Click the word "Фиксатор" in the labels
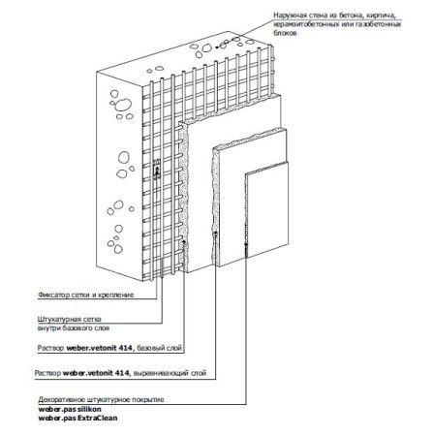[x=51, y=295]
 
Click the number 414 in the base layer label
[x=125, y=348]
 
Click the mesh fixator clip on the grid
[x=157, y=169]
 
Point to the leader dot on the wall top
[x=216, y=47]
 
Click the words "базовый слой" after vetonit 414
[x=160, y=348]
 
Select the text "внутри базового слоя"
[x=74, y=328]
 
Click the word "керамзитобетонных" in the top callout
[x=303, y=24]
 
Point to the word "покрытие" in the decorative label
[x=149, y=400]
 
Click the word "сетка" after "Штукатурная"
[x=92, y=319]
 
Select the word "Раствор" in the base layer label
[x=50, y=348]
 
